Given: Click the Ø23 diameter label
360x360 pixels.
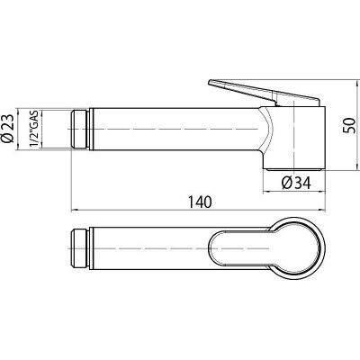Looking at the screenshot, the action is pyautogui.click(x=8, y=129).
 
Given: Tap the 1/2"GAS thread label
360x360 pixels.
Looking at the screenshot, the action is pyautogui.click(x=32, y=129).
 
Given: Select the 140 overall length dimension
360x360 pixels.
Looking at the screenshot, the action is pyautogui.click(x=200, y=202).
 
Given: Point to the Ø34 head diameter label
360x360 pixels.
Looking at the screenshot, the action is pyautogui.click(x=296, y=183).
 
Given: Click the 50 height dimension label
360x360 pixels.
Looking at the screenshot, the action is pyautogui.click(x=349, y=125).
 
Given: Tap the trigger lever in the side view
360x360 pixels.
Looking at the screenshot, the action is pyautogui.click(x=264, y=93).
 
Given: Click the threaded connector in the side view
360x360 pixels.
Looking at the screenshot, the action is pyautogui.click(x=80, y=129).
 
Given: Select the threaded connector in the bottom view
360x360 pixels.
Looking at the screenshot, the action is pyautogui.click(x=80, y=249).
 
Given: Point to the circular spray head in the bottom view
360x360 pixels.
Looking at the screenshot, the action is pyautogui.click(x=325, y=249).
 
